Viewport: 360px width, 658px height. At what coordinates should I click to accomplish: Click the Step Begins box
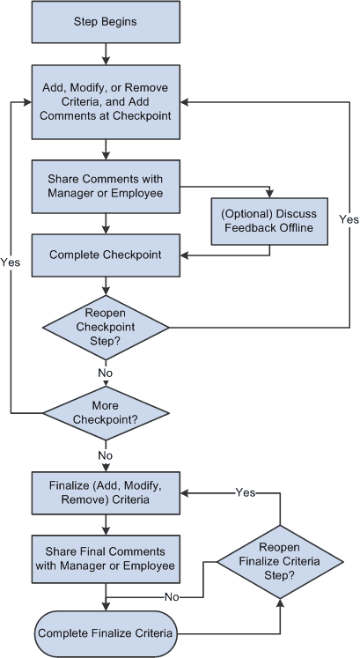pos(106,22)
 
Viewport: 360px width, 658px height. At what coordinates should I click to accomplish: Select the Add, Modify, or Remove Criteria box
pos(106,101)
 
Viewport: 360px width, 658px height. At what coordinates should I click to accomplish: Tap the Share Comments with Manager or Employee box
pos(106,184)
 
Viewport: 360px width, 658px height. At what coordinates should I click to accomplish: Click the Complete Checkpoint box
pos(106,255)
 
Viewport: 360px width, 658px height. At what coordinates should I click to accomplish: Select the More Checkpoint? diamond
pos(106,412)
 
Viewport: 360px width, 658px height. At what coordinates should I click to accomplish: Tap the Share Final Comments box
pos(106,558)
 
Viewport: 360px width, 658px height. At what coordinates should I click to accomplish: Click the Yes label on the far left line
pos(11,262)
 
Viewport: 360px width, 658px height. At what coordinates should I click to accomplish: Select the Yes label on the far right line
pos(348,218)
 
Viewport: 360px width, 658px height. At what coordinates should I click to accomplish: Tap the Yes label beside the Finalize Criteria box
pos(245,492)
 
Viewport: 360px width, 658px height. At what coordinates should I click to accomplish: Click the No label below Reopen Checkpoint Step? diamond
pos(106,373)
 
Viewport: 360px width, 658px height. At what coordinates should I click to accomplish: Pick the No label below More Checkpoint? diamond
pos(106,455)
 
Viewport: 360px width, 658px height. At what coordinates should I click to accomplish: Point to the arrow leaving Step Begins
pos(106,53)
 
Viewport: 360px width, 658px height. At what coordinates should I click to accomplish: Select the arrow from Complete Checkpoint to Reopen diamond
pos(106,285)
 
